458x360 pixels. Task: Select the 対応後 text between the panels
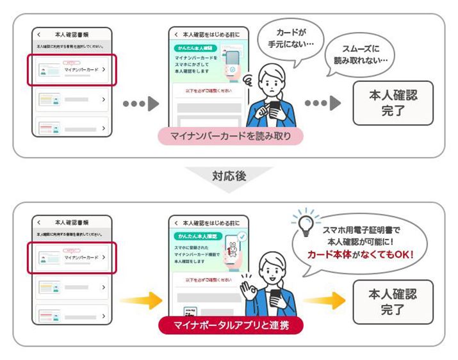pyautogui.click(x=229, y=176)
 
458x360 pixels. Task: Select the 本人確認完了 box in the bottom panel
pyautogui.click(x=393, y=301)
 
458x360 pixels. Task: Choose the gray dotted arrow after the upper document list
pyautogui.click(x=140, y=104)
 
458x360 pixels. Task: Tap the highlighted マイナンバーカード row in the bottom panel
pyautogui.click(x=71, y=257)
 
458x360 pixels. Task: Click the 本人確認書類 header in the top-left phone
pyautogui.click(x=71, y=34)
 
